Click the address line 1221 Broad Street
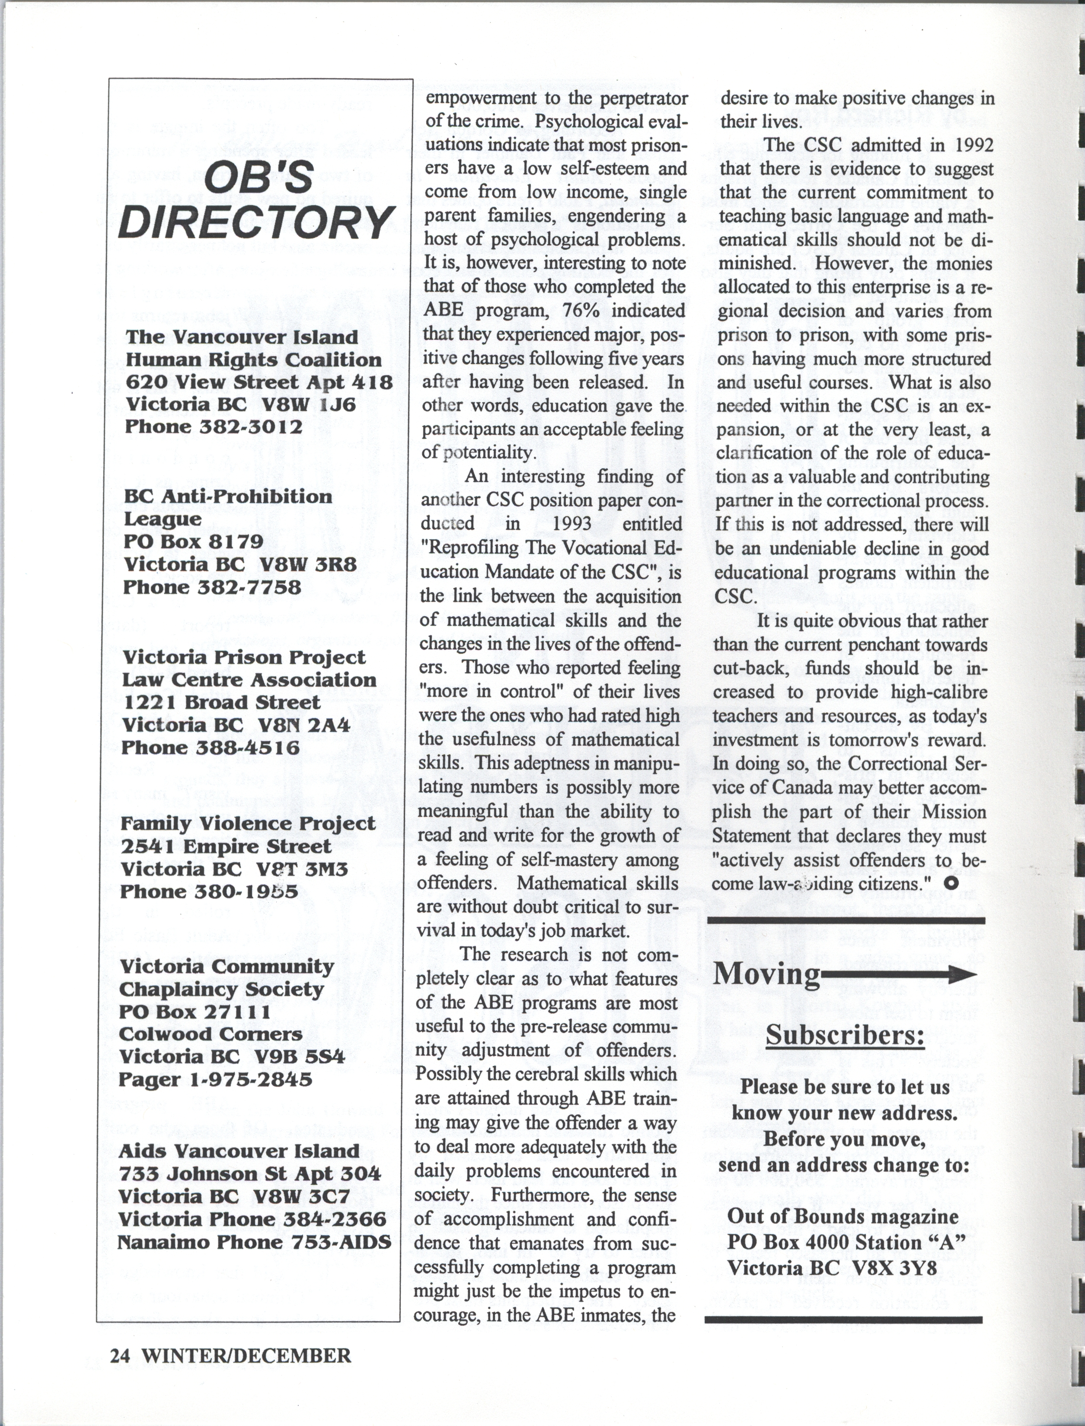pos(221,702)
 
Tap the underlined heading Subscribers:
pos(845,1035)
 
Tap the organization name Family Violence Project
pos(248,824)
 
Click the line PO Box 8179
pos(194,541)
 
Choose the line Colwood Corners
pos(211,1034)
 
